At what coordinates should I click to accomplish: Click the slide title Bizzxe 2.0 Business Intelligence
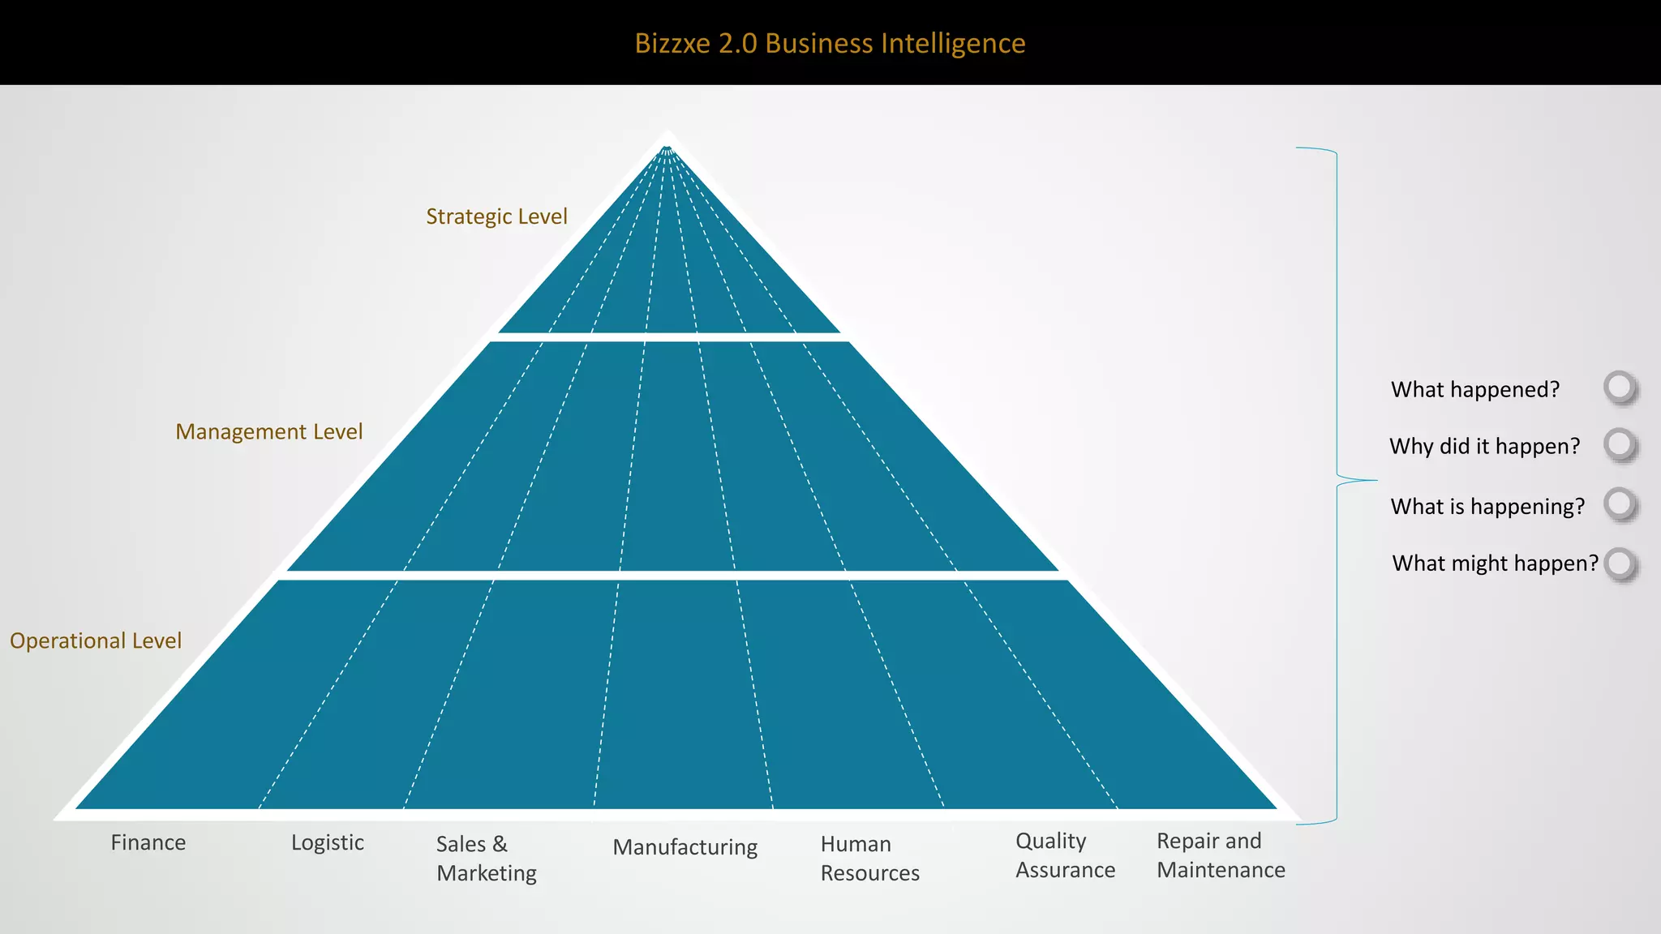pyautogui.click(x=830, y=43)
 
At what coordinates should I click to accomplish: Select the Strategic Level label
pyautogui.click(x=496, y=216)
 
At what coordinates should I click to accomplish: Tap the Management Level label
pyautogui.click(x=268, y=431)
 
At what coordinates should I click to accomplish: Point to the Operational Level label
pyautogui.click(x=96, y=641)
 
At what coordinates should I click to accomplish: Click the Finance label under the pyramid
pyautogui.click(x=148, y=842)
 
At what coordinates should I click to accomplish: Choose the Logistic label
pyautogui.click(x=328, y=842)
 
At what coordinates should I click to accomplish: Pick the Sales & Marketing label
pyautogui.click(x=486, y=858)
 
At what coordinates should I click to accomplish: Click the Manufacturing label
pyautogui.click(x=685, y=846)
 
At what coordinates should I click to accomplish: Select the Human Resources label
pyautogui.click(x=869, y=858)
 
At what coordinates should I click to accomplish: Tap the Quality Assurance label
pyautogui.click(x=1065, y=855)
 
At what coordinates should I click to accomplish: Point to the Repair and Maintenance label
pyautogui.click(x=1221, y=855)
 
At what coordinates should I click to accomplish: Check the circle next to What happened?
pyautogui.click(x=1620, y=387)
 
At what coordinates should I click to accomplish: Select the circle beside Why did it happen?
pyautogui.click(x=1620, y=443)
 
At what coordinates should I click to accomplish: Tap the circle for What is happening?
pyautogui.click(x=1620, y=503)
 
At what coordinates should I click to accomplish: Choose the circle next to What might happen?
pyautogui.click(x=1620, y=563)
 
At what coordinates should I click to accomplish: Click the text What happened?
pyautogui.click(x=1475, y=389)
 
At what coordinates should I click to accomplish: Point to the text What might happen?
pyautogui.click(x=1495, y=563)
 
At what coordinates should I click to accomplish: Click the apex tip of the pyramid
pyautogui.click(x=667, y=135)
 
